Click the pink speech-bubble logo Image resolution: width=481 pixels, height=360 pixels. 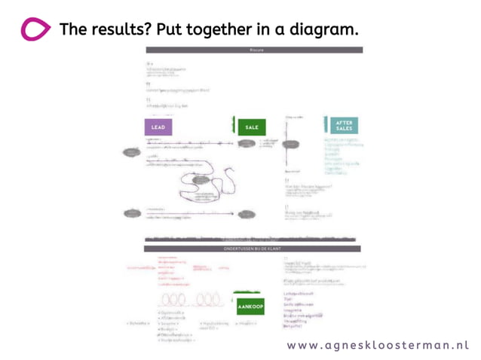pyautogui.click(x=35, y=30)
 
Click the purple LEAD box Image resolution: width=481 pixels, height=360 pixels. pyautogui.click(x=158, y=127)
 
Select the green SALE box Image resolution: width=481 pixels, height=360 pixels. pyautogui.click(x=251, y=127)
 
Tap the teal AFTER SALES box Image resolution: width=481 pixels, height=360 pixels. pyautogui.click(x=343, y=126)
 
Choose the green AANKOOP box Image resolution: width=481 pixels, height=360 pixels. pyautogui.click(x=250, y=307)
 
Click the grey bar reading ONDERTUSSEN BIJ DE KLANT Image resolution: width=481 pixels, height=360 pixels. pyautogui.click(x=252, y=249)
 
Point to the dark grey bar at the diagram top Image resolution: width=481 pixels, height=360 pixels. pyautogui.click(x=253, y=50)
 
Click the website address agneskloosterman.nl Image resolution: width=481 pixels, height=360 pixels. pyautogui.click(x=377, y=344)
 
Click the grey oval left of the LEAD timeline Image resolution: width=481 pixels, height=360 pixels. pyautogui.click(x=133, y=152)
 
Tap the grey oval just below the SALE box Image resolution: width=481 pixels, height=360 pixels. pyautogui.click(x=247, y=143)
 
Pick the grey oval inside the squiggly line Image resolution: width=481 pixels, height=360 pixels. pyautogui.click(x=201, y=179)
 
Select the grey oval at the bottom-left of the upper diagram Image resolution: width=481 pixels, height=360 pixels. pyautogui.click(x=133, y=213)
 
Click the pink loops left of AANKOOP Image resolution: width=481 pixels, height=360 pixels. pyautogui.click(x=188, y=301)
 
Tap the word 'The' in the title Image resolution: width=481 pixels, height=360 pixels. pyautogui.click(x=72, y=29)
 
